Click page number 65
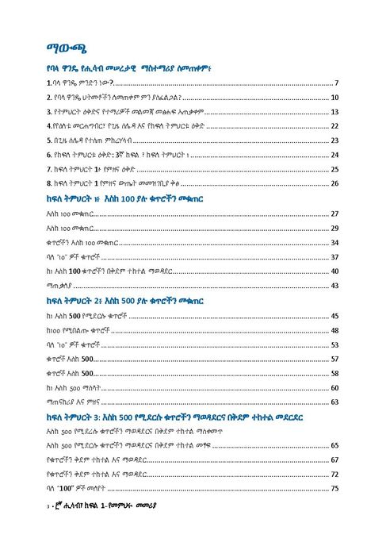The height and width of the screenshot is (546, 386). click(x=334, y=445)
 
